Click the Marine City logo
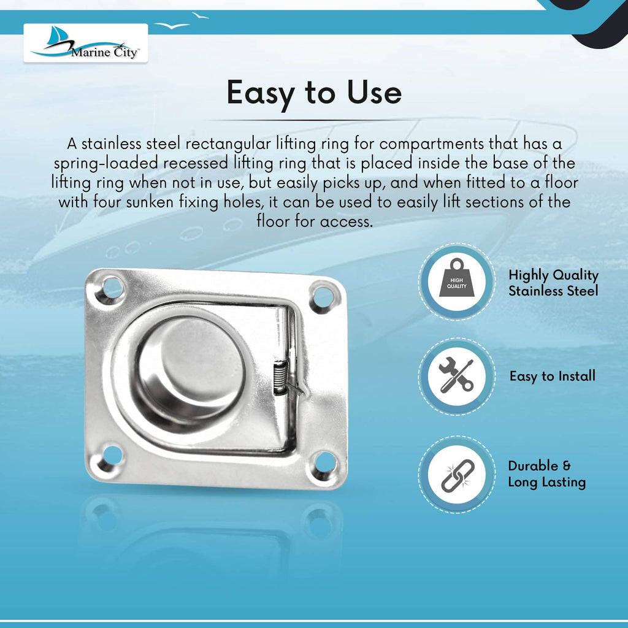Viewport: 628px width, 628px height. pos(86,43)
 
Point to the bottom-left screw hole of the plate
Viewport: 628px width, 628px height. pos(112,456)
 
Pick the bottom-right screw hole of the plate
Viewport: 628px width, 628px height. pos(324,462)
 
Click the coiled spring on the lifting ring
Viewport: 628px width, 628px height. pos(280,377)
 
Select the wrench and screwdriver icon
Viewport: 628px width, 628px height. pos(456,375)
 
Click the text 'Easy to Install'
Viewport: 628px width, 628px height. pos(553,376)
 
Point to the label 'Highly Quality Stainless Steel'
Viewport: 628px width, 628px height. pos(554,283)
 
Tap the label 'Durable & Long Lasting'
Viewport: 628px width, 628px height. pos(546,474)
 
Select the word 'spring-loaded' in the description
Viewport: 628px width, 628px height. pos(106,164)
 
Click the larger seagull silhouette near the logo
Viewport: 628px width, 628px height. pos(172,26)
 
